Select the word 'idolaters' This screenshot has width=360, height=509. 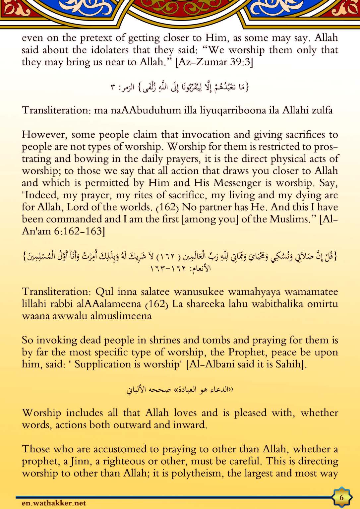(110, 50)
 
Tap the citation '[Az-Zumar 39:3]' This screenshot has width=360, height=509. (214, 62)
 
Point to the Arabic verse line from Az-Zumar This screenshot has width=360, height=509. (180, 87)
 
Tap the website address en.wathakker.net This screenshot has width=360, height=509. (54, 503)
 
